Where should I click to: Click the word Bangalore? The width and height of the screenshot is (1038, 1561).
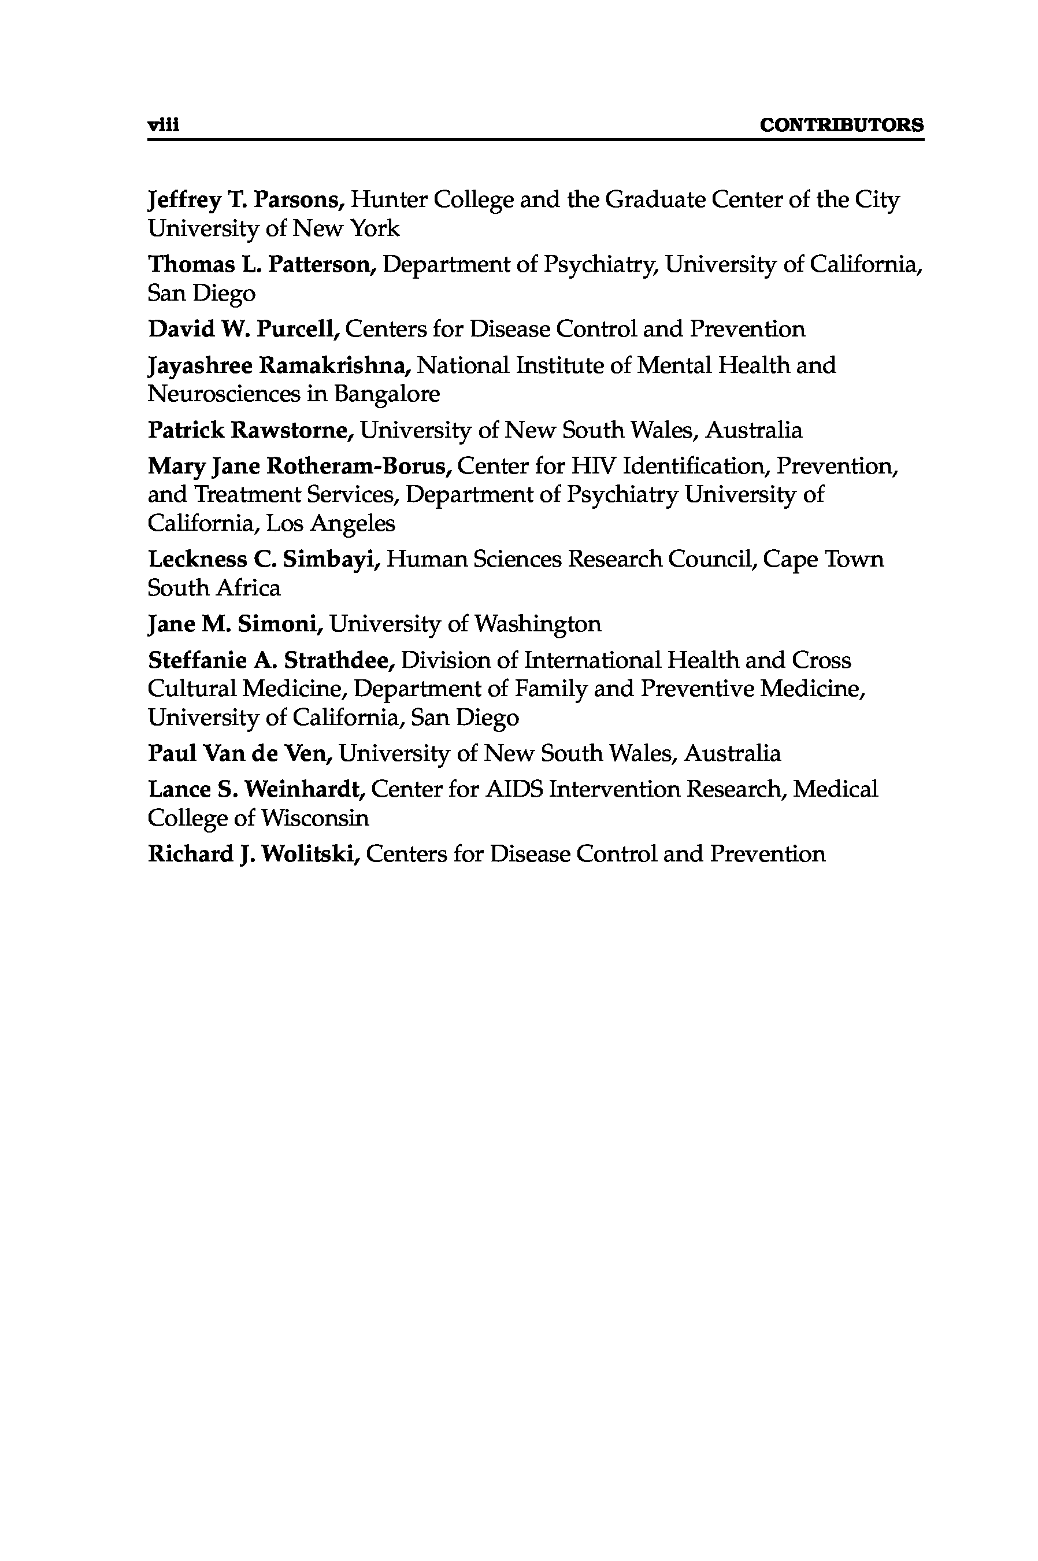tap(387, 394)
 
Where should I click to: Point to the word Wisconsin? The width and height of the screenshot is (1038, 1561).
tap(314, 819)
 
